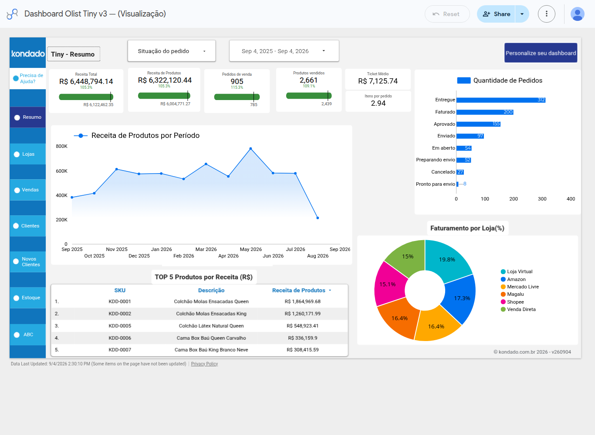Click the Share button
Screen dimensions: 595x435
[496, 14]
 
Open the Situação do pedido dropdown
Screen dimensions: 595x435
[171, 51]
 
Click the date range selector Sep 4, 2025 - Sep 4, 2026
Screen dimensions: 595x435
[284, 51]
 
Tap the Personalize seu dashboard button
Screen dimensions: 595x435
[541, 53]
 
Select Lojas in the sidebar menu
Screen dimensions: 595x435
[27, 154]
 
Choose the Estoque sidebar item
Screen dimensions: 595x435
[27, 298]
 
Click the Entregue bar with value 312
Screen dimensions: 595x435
[501, 100]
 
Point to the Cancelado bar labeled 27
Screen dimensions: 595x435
[460, 172]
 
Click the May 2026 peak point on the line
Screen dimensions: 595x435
[250, 148]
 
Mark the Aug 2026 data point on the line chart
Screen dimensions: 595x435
[318, 218]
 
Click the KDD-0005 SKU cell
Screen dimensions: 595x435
[120, 326]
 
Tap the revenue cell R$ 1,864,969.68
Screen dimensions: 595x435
[303, 301]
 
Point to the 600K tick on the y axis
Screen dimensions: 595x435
[61, 171]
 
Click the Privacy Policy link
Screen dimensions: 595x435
[204, 364]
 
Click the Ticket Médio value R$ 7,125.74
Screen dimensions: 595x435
[378, 81]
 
